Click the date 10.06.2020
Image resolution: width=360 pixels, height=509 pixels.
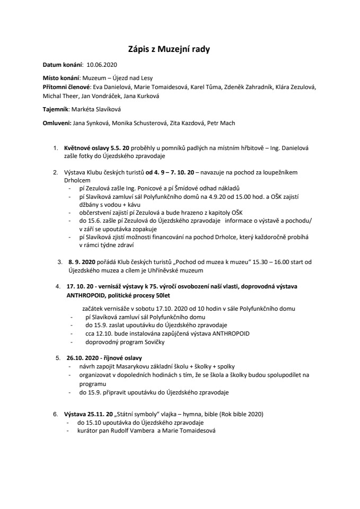click(101, 64)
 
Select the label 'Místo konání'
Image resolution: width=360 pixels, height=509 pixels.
click(61, 77)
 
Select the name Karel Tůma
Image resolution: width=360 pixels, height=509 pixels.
click(206, 86)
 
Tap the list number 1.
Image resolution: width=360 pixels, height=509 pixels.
click(55, 148)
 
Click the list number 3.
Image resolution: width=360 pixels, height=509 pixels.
click(59, 261)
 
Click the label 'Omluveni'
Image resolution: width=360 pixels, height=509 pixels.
click(57, 123)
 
